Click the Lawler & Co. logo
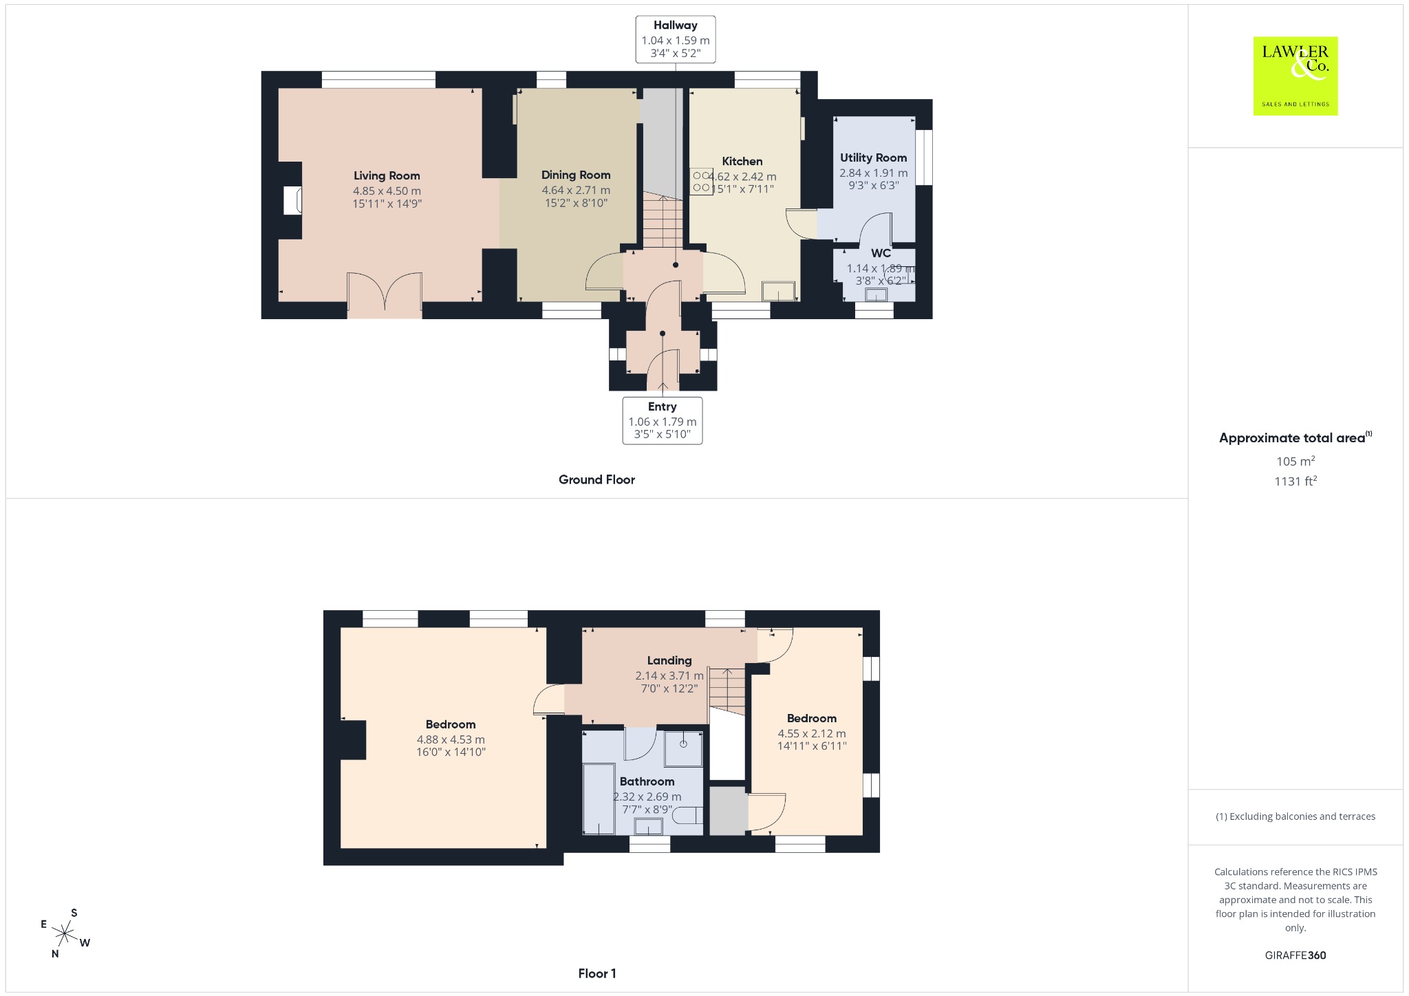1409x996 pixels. pyautogui.click(x=1295, y=76)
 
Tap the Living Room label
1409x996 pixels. pyautogui.click(x=387, y=176)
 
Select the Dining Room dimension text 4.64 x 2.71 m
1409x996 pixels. pyautogui.click(x=576, y=191)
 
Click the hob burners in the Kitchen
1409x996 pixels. pyautogui.click(x=702, y=182)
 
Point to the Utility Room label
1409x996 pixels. pyautogui.click(x=873, y=158)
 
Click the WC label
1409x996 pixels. pyautogui.click(x=881, y=253)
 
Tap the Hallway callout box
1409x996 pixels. pyautogui.click(x=675, y=39)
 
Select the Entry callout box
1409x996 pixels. pyautogui.click(x=663, y=420)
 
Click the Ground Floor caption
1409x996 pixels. pyautogui.click(x=596, y=479)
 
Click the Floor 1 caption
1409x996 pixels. pyautogui.click(x=597, y=973)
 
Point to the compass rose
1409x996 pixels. pyautogui.click(x=65, y=933)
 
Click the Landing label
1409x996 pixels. pyautogui.click(x=669, y=660)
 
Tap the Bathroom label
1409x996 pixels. pyautogui.click(x=647, y=781)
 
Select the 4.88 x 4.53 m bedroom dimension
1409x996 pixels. pyautogui.click(x=451, y=740)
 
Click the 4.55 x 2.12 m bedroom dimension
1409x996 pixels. pyautogui.click(x=812, y=734)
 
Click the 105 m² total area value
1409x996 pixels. pyautogui.click(x=1295, y=461)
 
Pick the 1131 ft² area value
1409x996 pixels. pyautogui.click(x=1295, y=481)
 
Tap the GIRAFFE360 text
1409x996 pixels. pyautogui.click(x=1295, y=955)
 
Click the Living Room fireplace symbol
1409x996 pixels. pyautogui.click(x=292, y=200)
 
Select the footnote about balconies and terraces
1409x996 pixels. pyautogui.click(x=1295, y=816)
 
